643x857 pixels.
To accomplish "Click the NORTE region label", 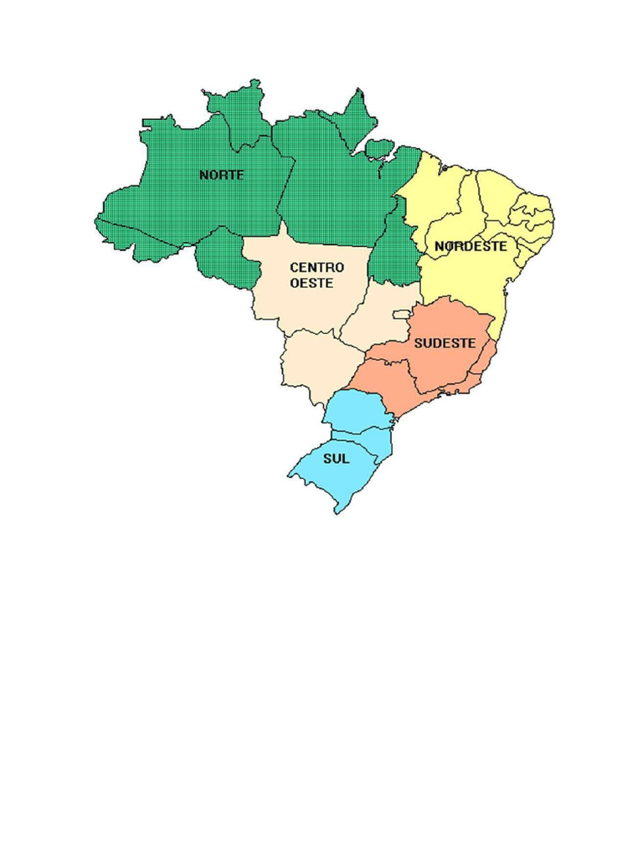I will [222, 175].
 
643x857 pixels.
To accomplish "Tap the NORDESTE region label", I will [470, 247].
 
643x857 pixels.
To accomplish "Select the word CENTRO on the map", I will [316, 267].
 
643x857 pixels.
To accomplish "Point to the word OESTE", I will [311, 284].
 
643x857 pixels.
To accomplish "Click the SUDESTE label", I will [445, 343].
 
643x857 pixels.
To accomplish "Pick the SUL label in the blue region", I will [337, 459].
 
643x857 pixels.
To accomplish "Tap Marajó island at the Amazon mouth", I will [380, 149].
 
